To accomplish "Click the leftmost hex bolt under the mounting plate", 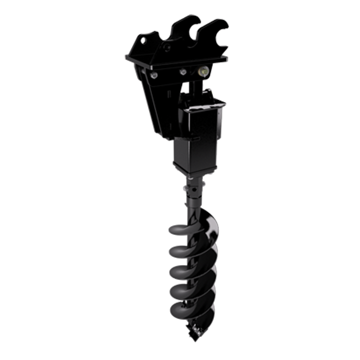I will [x=154, y=75].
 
